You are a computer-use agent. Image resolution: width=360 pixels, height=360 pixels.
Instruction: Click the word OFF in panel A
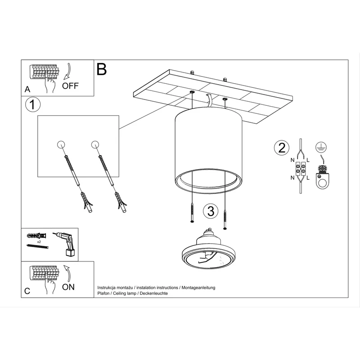pyautogui.click(x=70, y=86)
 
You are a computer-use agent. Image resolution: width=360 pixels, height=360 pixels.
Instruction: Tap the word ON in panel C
pyautogui.click(x=68, y=287)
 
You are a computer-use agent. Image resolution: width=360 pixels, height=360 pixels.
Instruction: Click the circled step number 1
pyautogui.click(x=33, y=105)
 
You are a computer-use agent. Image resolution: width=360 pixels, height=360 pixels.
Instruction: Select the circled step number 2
pyautogui.click(x=282, y=148)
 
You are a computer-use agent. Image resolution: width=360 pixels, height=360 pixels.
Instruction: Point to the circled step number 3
pyautogui.click(x=211, y=211)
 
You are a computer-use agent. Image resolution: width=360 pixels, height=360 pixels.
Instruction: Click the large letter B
pyautogui.click(x=102, y=69)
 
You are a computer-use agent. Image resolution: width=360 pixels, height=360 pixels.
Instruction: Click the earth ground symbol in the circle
pyautogui.click(x=321, y=147)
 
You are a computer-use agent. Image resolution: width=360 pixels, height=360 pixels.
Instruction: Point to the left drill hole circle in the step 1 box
pyautogui.click(x=61, y=144)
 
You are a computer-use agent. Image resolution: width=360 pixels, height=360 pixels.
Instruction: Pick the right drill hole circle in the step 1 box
pyautogui.click(x=95, y=144)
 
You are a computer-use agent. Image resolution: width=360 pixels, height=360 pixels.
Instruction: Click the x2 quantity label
pyautogui.click(x=39, y=242)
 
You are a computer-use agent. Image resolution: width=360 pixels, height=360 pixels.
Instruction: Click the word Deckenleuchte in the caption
pyautogui.click(x=154, y=293)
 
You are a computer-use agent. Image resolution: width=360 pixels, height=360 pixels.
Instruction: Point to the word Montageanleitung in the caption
pyautogui.click(x=198, y=288)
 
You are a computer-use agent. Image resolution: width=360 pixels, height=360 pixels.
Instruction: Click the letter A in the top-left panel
pyautogui.click(x=27, y=89)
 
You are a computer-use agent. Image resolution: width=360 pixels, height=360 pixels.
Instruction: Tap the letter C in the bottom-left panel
pyautogui.click(x=27, y=291)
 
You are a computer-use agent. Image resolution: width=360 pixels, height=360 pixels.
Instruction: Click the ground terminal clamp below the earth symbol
pyautogui.click(x=322, y=177)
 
